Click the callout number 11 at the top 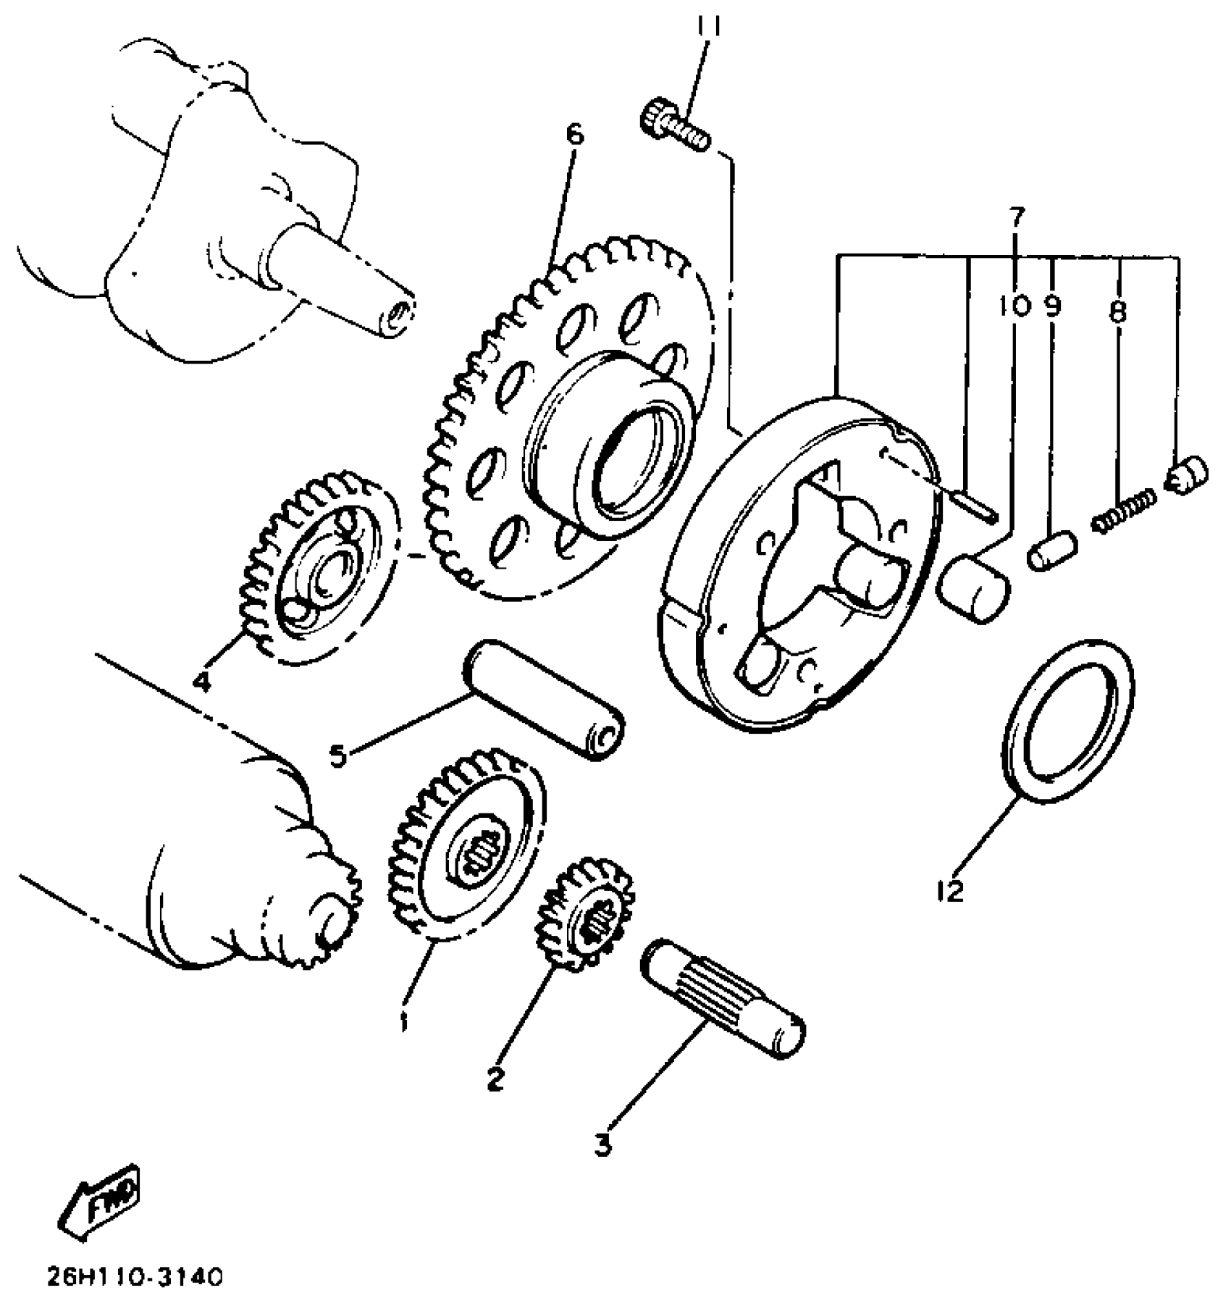click(707, 28)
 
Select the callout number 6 click(574, 135)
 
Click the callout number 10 click(1014, 307)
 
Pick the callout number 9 click(1052, 307)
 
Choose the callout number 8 click(1117, 311)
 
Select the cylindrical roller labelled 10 click(975, 587)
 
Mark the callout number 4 click(202, 681)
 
